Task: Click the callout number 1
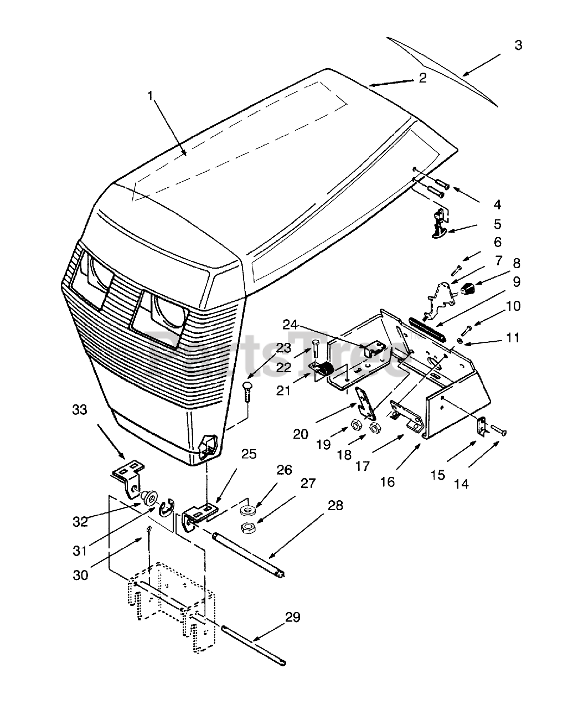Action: tap(151, 95)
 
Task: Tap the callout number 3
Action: tap(518, 45)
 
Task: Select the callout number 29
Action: tap(293, 618)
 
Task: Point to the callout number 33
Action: tap(80, 410)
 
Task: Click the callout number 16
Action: tap(388, 482)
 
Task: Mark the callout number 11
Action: tap(513, 337)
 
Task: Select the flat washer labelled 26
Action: tap(248, 508)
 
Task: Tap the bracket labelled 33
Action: tap(130, 474)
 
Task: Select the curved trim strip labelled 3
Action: tap(443, 70)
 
